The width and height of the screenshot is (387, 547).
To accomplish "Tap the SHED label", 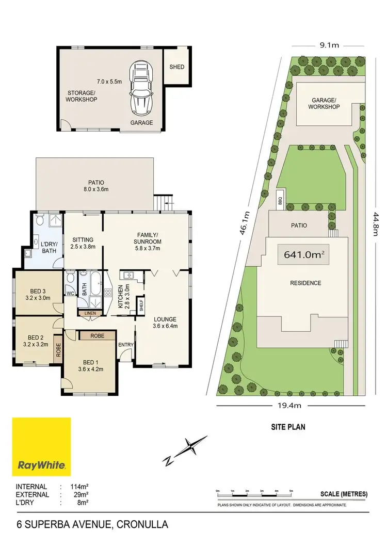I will (x=177, y=67).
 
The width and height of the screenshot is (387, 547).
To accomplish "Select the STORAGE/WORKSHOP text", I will (x=82, y=96).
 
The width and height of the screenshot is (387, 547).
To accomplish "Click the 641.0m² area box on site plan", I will (x=304, y=254).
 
